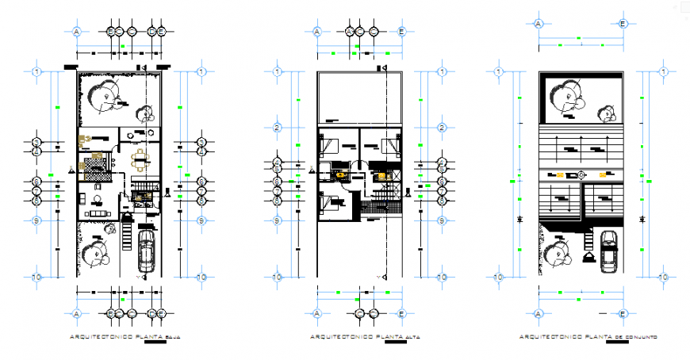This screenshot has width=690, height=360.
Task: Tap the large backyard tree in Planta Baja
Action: click(102, 97)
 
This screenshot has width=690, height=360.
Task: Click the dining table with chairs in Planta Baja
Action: click(141, 160)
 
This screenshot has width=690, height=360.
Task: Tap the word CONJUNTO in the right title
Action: click(642, 337)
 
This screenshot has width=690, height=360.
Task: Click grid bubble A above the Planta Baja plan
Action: click(77, 32)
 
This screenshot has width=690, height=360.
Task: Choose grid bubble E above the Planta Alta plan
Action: click(402, 32)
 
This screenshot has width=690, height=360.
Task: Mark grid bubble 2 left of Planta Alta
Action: click(277, 128)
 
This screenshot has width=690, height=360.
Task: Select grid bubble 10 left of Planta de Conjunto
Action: click(499, 278)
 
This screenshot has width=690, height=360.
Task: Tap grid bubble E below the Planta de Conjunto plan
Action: click(623, 314)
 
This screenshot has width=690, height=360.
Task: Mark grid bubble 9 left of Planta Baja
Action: click(36, 220)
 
